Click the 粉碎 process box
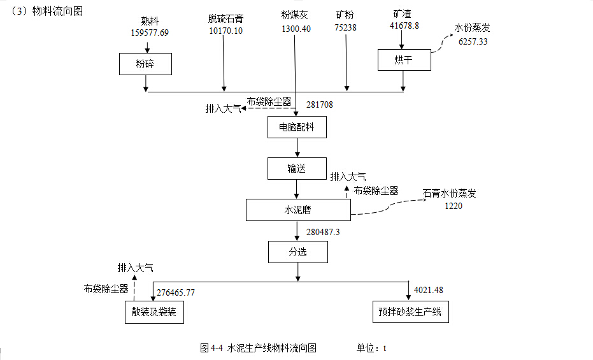[145, 64]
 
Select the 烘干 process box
[404, 60]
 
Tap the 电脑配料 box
[297, 127]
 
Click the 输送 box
[297, 169]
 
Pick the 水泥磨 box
[297, 210]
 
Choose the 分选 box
[297, 252]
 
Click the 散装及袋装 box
[154, 312]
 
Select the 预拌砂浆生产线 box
[410, 312]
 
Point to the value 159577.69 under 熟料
[150, 32]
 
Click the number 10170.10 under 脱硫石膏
[225, 31]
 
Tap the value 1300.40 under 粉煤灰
[296, 29]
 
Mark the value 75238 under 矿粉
[345, 27]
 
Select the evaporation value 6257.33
[473, 41]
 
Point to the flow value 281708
[320, 104]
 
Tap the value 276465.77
[176, 292]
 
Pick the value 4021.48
[428, 290]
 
